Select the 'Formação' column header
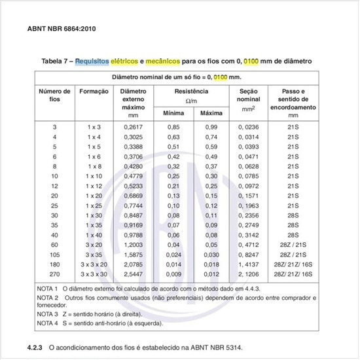[x=94, y=92]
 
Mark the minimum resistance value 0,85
[x=173, y=126]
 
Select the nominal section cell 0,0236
[x=248, y=126]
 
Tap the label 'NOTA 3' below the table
[x=48, y=314]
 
